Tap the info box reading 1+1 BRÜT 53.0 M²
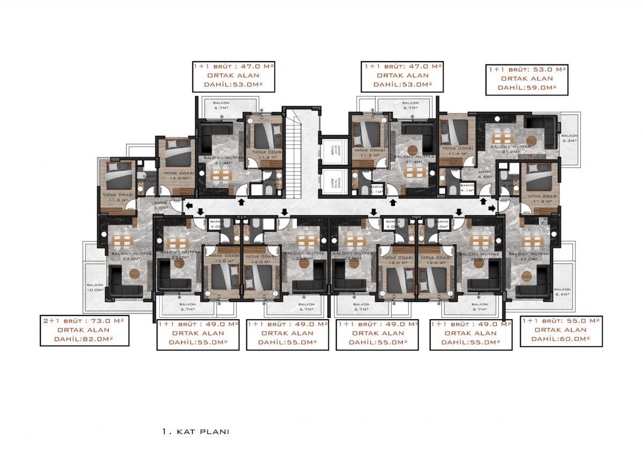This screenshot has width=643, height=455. [x=527, y=78]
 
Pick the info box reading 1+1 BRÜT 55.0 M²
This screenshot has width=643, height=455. [x=560, y=329]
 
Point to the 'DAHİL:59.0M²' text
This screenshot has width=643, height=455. [x=527, y=87]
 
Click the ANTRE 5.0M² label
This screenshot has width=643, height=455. [x=161, y=204]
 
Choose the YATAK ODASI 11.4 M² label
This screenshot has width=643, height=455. [x=455, y=151]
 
